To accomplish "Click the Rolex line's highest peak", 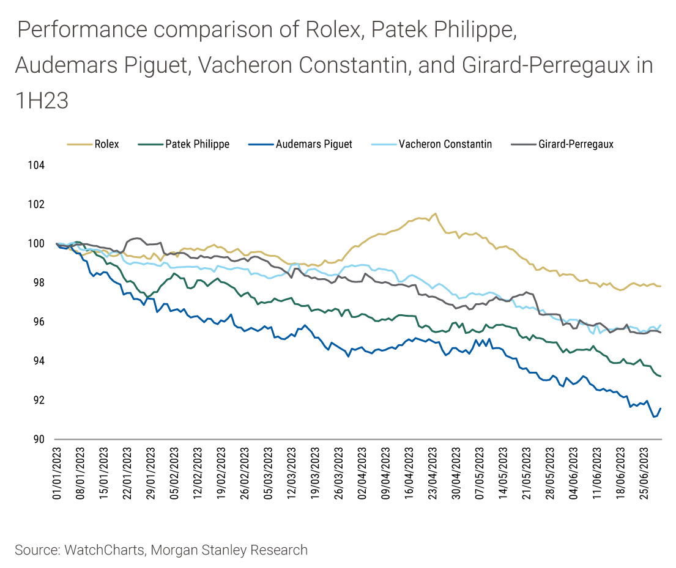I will tap(435, 213).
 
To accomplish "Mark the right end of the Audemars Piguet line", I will tap(661, 408).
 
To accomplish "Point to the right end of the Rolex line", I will tap(661, 286).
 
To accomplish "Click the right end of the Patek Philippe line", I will tap(661, 376).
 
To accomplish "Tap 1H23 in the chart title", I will tap(42, 101).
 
